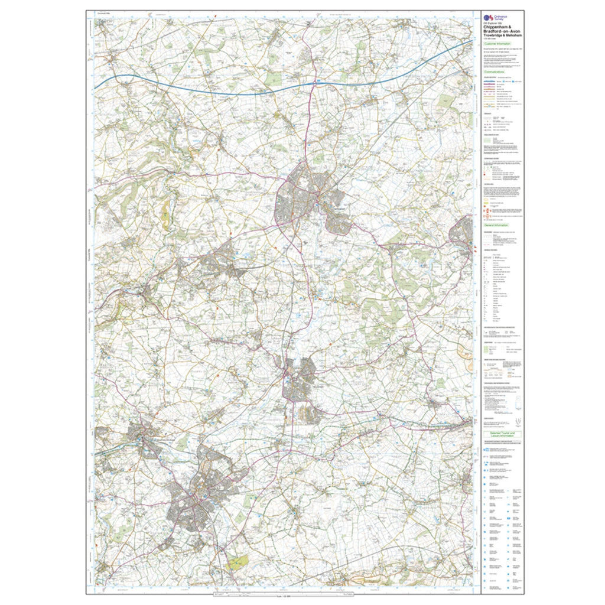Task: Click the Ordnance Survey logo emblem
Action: click(x=487, y=18)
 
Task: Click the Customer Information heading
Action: click(x=497, y=44)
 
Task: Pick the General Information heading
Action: click(x=497, y=226)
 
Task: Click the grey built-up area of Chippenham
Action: click(x=301, y=195)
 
